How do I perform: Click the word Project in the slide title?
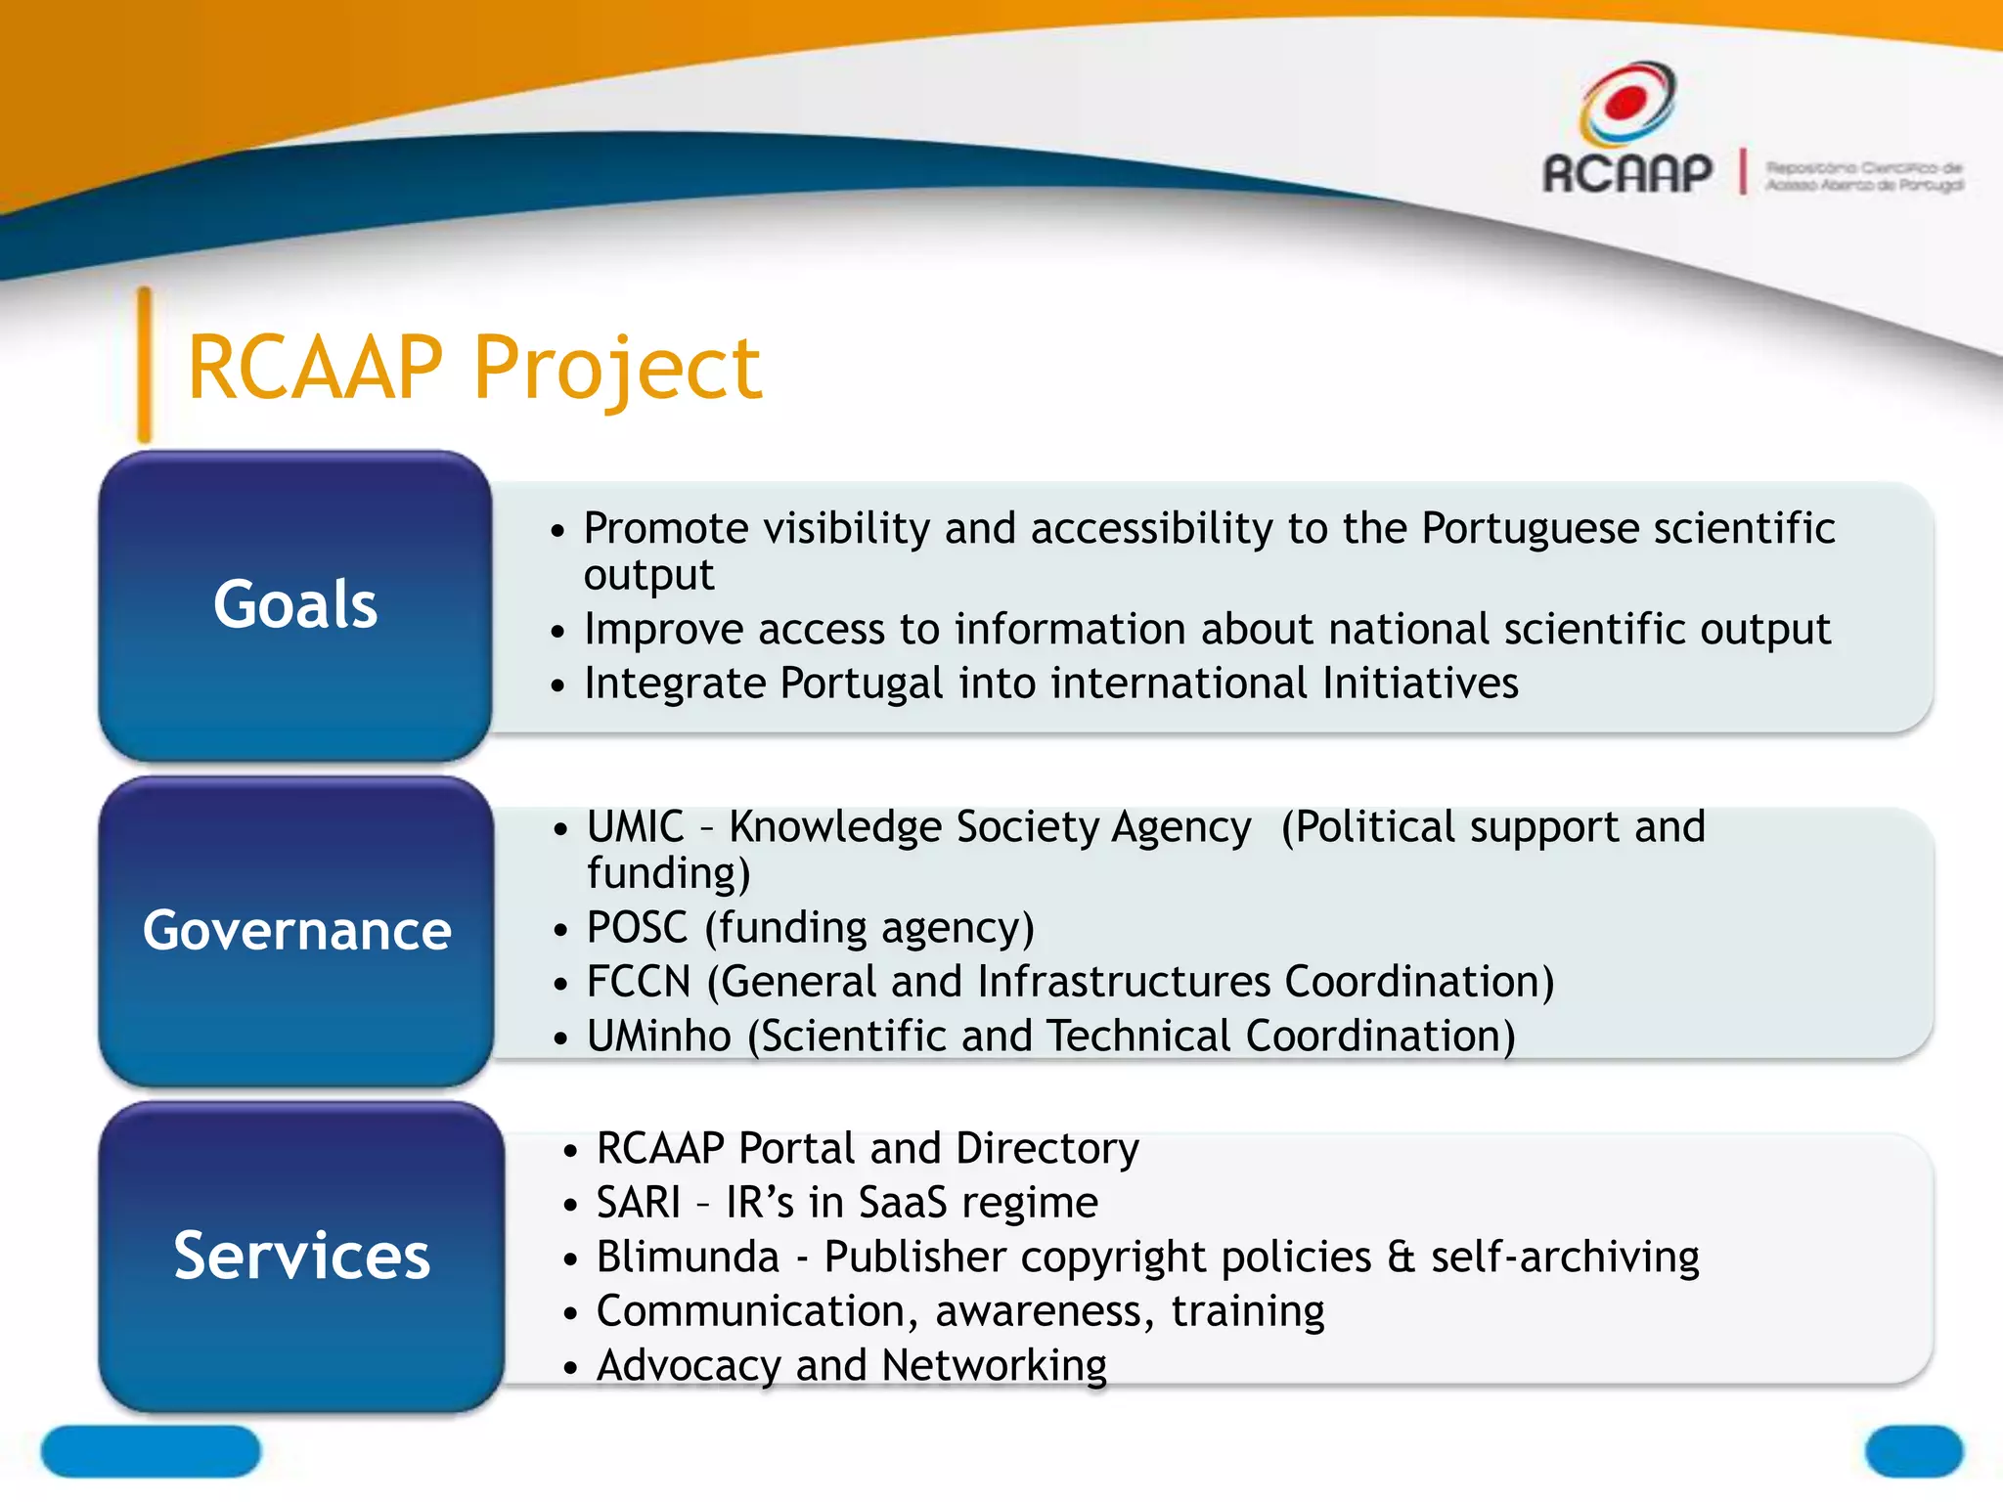(x=617, y=370)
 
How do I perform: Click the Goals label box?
(x=294, y=605)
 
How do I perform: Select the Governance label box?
(x=296, y=931)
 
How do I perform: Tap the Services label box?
(x=301, y=1257)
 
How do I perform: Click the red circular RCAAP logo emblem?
(x=1626, y=103)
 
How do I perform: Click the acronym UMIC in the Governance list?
(x=635, y=827)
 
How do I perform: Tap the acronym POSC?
(x=637, y=928)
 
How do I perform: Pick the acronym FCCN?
(x=639, y=982)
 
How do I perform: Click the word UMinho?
(x=658, y=1037)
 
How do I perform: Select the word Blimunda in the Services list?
(x=688, y=1258)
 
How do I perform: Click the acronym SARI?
(x=638, y=1203)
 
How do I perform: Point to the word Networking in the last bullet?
(x=994, y=1366)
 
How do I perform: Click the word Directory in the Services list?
(x=1047, y=1149)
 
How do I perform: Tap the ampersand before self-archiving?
(x=1401, y=1258)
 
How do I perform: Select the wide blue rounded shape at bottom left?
(x=151, y=1451)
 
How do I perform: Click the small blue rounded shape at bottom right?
(x=1913, y=1451)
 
